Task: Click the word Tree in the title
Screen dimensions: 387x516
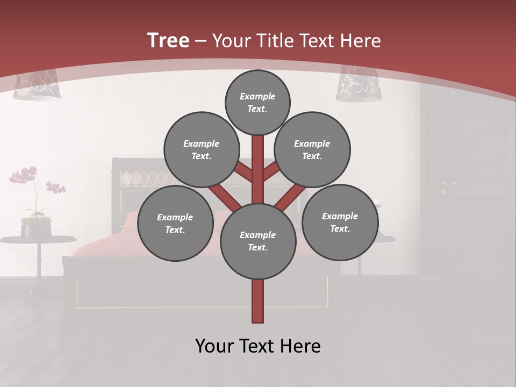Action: click(168, 40)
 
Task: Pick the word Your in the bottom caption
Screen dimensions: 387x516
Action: click(214, 346)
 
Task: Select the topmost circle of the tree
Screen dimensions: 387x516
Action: click(257, 102)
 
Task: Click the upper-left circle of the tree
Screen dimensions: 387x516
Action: click(201, 149)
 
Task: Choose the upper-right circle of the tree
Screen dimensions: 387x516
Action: click(312, 149)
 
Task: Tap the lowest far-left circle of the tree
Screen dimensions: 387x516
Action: click(175, 223)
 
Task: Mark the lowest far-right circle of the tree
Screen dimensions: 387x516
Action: click(340, 222)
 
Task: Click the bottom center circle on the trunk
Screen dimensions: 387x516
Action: click(257, 241)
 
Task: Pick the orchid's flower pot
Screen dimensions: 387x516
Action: click(36, 230)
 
